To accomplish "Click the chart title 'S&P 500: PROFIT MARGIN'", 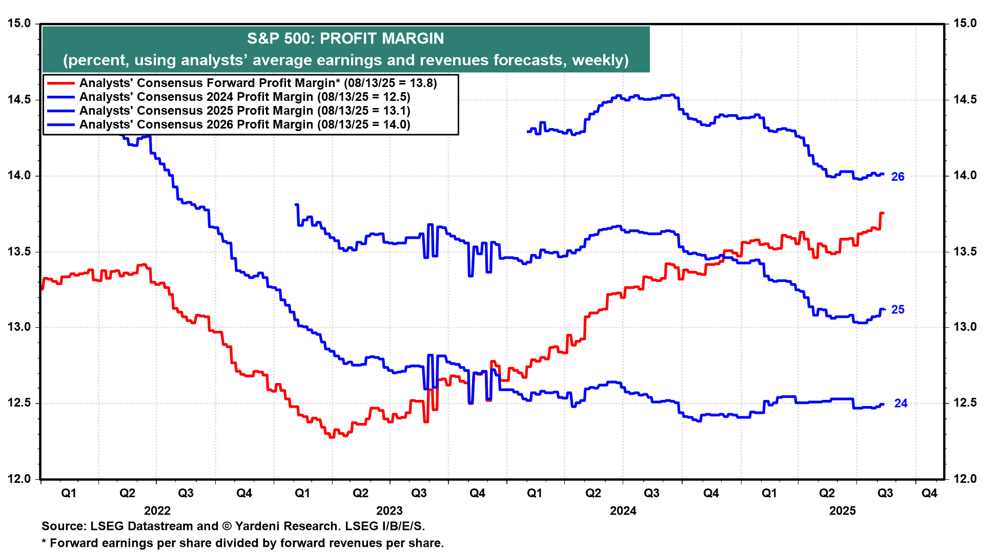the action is click(345, 38).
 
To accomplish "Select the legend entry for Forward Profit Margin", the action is click(258, 83).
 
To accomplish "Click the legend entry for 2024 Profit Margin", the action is click(245, 97).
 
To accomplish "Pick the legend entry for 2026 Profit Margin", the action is click(245, 124).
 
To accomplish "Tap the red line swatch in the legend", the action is click(60, 83).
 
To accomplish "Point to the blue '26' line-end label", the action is click(898, 177).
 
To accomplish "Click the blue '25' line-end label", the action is click(898, 310).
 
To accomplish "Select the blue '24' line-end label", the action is click(901, 403).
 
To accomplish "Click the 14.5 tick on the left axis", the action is click(19, 99).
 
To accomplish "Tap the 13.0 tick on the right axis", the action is click(965, 327).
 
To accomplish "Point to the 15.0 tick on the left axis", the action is click(19, 24).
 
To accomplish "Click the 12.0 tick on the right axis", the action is click(965, 479).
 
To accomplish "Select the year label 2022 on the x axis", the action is click(157, 511).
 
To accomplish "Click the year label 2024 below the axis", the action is click(623, 511).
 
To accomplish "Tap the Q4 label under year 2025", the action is click(930, 493).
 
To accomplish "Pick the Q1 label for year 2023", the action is click(302, 493).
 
